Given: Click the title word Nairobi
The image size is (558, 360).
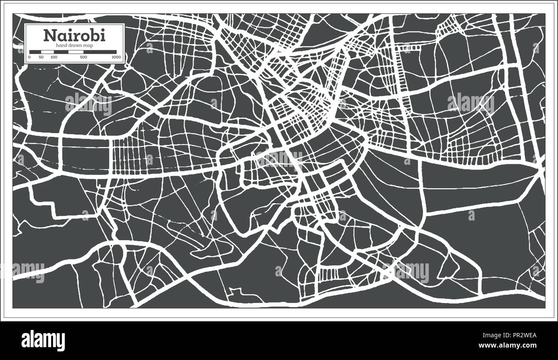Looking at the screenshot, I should coord(74,36).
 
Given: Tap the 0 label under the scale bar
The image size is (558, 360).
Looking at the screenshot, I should coord(30,57).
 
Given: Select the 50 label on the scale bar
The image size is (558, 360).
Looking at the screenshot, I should coord(41,57).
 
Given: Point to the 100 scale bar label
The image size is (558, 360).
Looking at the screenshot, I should coord(53,57).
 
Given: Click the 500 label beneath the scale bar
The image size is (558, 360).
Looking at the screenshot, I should coord(83,57).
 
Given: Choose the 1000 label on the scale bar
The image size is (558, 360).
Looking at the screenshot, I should coord(115,57).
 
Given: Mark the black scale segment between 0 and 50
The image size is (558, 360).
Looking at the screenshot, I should coord(35,52).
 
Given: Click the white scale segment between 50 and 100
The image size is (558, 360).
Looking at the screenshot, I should coord(47,52).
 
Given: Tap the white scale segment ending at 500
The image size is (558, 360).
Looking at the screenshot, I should coord(76,52).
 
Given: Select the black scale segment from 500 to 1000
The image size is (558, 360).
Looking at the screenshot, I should coord(100,52).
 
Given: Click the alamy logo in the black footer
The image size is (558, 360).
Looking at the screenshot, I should coord(43,340).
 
